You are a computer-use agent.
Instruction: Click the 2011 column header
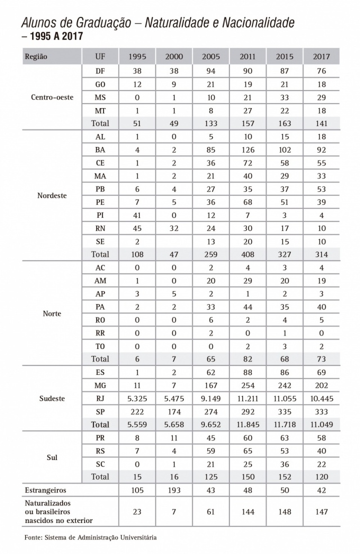pos(247,57)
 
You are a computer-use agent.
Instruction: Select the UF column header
pos(100,57)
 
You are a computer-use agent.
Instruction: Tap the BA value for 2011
pos(247,150)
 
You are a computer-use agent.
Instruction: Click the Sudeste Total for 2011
pos(247,424)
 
